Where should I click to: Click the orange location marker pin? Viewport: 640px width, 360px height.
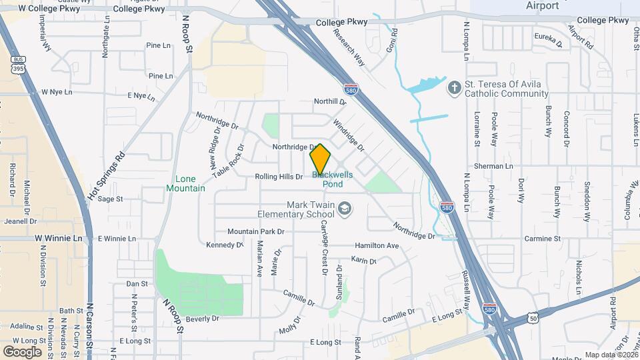(320, 159)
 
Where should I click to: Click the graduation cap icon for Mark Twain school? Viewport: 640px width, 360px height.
(344, 209)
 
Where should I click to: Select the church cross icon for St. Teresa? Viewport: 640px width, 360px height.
(454, 88)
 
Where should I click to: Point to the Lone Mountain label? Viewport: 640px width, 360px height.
(185, 183)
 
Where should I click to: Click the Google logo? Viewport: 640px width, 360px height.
(22, 351)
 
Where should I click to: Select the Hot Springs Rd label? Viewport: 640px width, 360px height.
(107, 177)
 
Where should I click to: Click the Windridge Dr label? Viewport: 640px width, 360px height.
(349, 134)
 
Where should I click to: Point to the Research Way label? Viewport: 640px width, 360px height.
(350, 47)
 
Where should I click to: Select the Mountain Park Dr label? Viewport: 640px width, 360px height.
(255, 231)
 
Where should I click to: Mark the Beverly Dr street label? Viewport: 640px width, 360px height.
(203, 319)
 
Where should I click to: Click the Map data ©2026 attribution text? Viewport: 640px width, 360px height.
(611, 355)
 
